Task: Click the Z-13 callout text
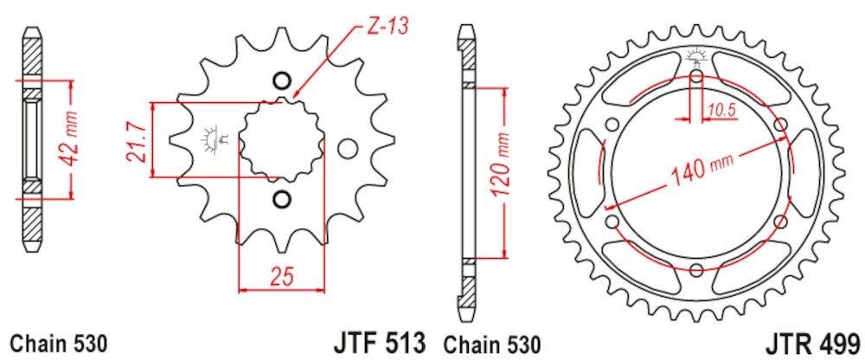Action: point(387,26)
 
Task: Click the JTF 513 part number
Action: point(379,343)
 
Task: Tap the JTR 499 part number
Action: point(814,343)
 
